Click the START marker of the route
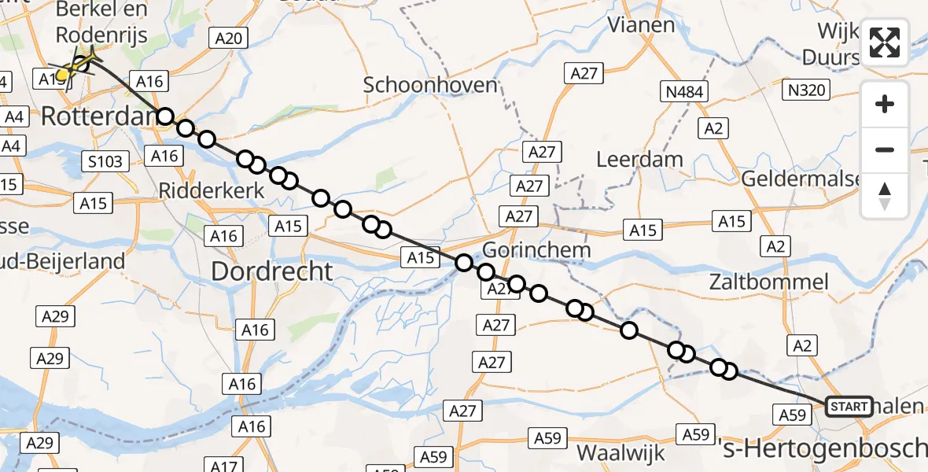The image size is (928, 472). pos(849,407)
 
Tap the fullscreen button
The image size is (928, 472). pos(885,42)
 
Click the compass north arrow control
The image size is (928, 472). pos(885,196)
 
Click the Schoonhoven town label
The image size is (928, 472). pos(430,84)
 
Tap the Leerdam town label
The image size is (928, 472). pos(639,159)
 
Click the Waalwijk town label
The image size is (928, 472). pos(621,452)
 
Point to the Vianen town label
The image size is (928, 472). pos(642,24)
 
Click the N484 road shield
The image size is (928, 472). pos(684,92)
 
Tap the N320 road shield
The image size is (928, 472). pos(805,90)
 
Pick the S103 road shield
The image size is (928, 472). pos(105,163)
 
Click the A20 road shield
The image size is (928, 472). pos(228,37)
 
